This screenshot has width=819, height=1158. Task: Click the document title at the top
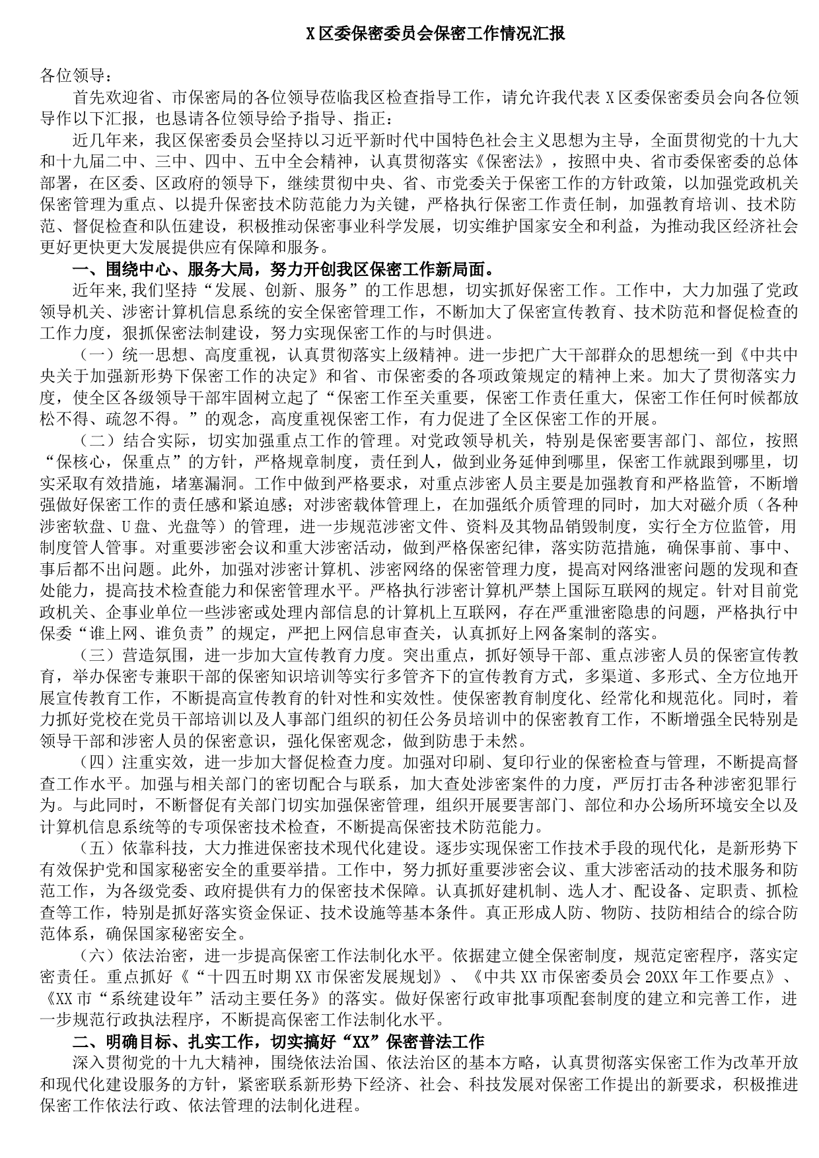coord(437,34)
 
